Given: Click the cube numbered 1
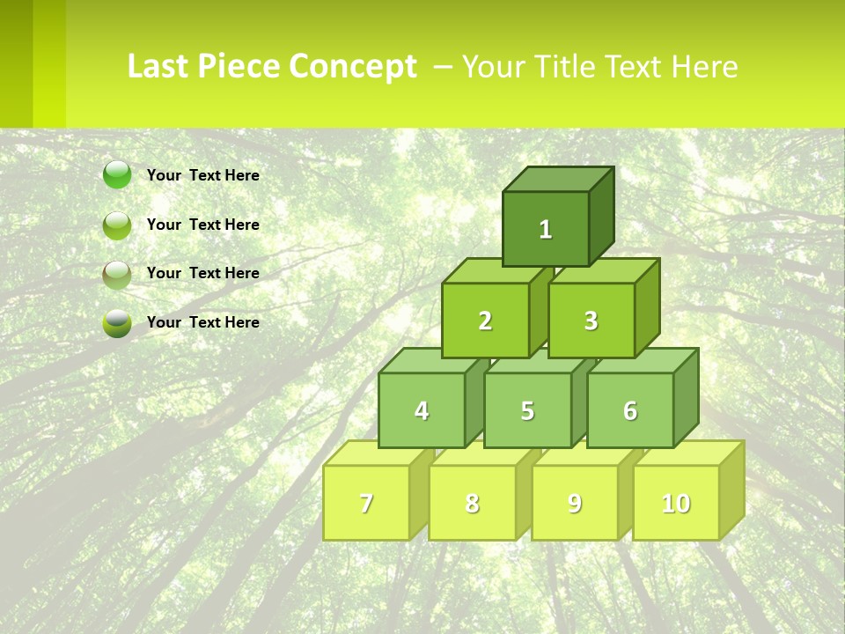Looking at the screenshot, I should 546,229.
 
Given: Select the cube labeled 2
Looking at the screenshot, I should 485,321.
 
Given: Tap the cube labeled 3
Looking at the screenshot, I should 591,321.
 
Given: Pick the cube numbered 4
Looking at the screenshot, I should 422,410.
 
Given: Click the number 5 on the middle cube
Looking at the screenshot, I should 527,410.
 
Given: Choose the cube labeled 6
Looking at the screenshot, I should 630,410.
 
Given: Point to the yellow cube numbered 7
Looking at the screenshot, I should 366,503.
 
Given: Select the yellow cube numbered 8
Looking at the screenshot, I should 472,503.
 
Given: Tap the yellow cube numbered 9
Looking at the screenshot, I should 574,503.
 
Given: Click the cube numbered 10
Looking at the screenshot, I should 676,503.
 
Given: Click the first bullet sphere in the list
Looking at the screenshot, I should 117,175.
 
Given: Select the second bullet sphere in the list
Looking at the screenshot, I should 117,225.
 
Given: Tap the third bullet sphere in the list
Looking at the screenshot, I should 117,274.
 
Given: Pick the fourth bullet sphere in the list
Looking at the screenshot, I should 117,322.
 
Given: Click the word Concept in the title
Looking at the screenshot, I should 353,67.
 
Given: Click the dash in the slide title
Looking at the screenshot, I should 444,67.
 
